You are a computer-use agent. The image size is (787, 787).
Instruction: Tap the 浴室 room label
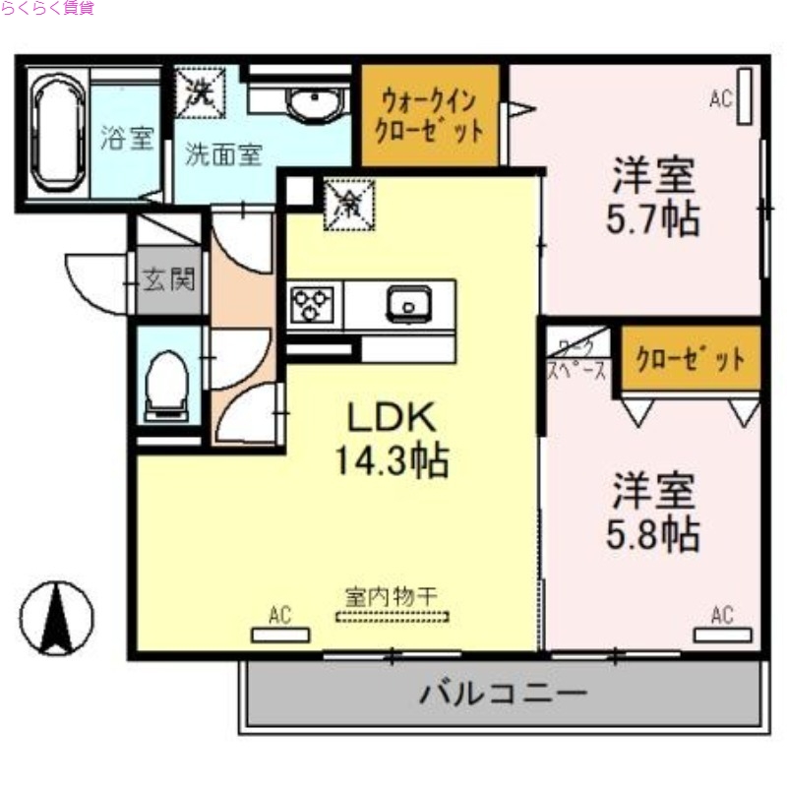click(127, 139)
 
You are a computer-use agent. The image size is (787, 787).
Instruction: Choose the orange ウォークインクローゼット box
click(432, 115)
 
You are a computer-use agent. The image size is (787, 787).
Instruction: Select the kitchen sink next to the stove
click(405, 304)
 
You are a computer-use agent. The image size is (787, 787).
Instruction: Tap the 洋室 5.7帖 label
click(653, 198)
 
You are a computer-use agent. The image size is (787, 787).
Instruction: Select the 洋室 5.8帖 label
click(653, 512)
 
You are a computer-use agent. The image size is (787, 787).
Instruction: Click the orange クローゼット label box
click(690, 359)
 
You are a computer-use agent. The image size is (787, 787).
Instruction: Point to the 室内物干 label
click(392, 596)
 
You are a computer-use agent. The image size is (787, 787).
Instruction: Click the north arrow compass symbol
click(57, 618)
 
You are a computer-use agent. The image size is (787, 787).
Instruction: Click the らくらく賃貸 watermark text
click(48, 8)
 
